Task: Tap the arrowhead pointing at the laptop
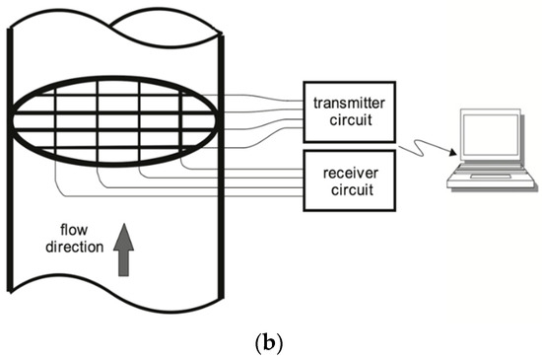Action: point(454,154)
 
